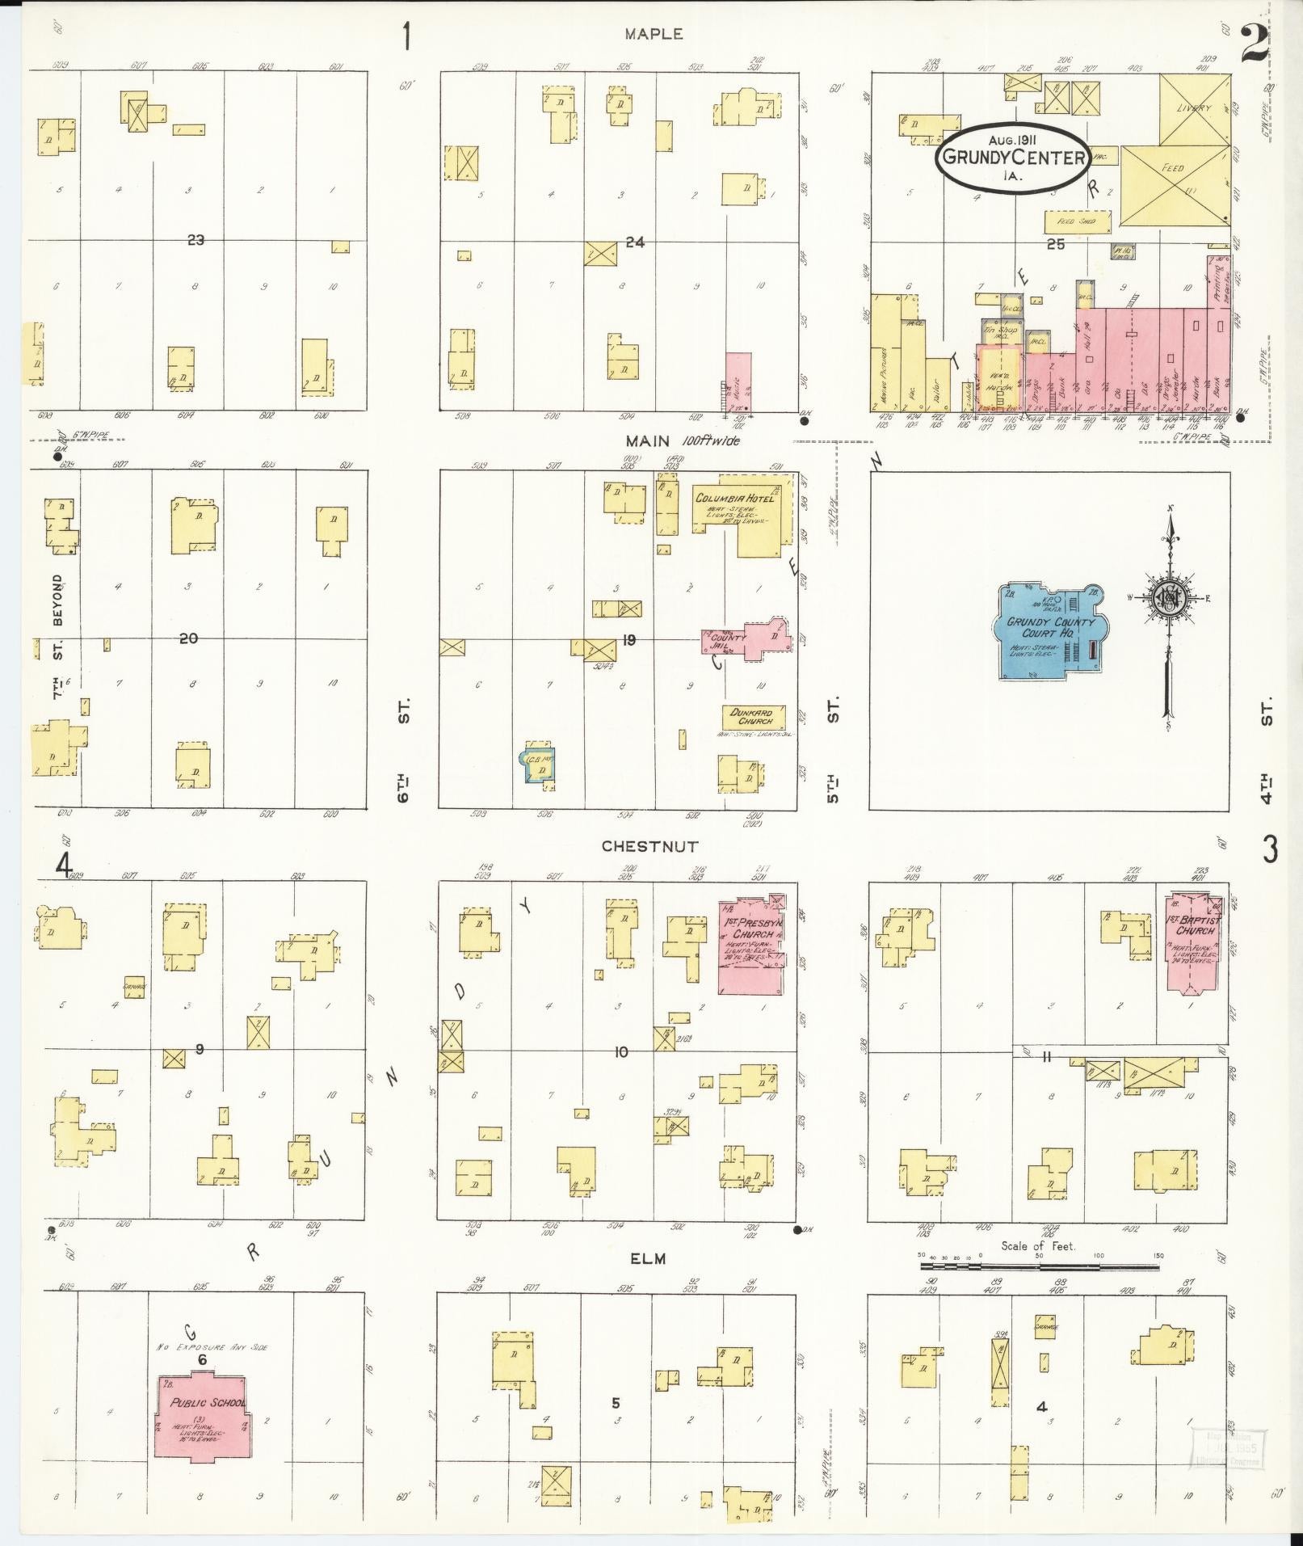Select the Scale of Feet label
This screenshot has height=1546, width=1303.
(1038, 1268)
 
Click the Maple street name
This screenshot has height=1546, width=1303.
(653, 34)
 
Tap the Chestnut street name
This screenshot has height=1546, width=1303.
(649, 846)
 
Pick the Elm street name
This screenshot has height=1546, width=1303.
(648, 1281)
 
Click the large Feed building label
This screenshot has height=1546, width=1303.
(1172, 168)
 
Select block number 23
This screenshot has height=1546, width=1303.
(195, 240)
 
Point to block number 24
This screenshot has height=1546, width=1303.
(635, 242)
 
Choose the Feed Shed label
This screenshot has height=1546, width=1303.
(1077, 220)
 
